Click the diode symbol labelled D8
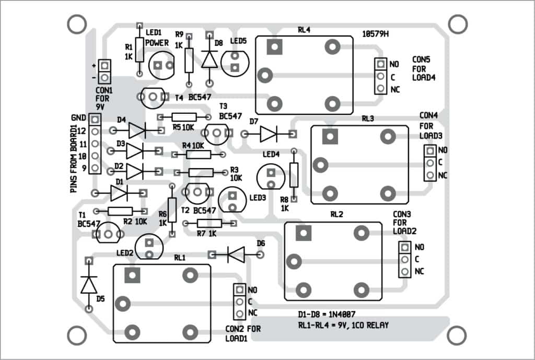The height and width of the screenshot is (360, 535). coord(210,59)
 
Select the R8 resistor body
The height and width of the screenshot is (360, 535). coord(294,175)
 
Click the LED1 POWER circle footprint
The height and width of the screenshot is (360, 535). coord(161,65)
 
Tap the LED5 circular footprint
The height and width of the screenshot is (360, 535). coord(235,62)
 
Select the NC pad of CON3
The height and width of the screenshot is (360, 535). coord(404,272)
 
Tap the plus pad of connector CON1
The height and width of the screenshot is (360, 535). coord(104,66)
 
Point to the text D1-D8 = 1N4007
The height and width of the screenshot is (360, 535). coord(320,316)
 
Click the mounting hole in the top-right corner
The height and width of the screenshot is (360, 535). coord(458,24)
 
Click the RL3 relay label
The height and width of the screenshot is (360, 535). coord(367,119)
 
